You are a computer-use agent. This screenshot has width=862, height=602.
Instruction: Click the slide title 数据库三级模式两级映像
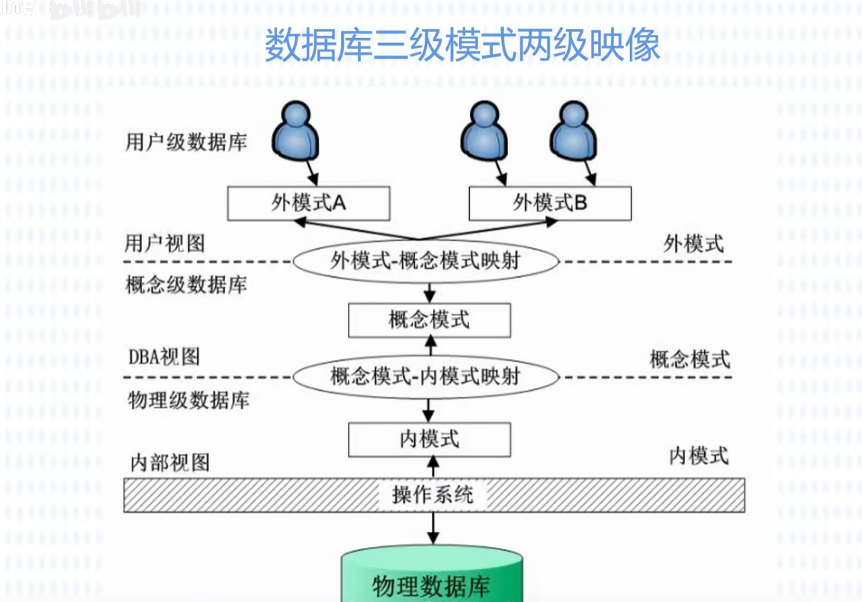[x=462, y=47]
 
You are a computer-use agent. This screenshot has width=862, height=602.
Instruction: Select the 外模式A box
[x=309, y=204]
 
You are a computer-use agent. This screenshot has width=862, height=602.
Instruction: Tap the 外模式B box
[x=549, y=204]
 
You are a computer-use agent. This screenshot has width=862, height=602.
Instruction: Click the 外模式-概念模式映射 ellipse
[x=426, y=261]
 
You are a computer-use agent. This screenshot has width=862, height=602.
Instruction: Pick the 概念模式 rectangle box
[x=429, y=320]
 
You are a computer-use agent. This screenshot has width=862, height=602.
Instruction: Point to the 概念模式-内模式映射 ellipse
[x=426, y=376]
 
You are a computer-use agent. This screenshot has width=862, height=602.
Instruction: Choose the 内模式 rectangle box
[x=429, y=439]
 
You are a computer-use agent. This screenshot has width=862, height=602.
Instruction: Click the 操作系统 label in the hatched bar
[x=433, y=494]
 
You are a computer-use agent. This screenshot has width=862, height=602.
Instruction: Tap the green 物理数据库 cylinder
[x=432, y=580]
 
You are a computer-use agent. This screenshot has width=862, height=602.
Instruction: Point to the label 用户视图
[x=165, y=243]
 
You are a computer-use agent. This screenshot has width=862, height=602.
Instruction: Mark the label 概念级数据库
[x=186, y=285]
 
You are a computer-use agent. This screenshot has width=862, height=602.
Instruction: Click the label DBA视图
[x=164, y=356]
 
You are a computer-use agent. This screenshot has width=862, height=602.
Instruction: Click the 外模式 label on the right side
[x=693, y=244]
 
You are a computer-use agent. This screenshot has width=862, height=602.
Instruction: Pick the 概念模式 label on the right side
[x=690, y=359]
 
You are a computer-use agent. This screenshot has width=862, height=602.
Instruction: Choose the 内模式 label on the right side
[x=698, y=456]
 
